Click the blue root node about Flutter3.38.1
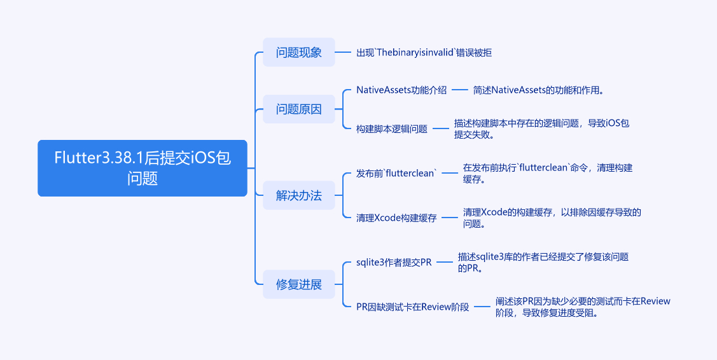point(142,168)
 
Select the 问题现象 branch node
point(298,52)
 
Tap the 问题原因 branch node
point(298,109)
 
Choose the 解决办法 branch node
point(298,196)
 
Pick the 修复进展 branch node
point(298,284)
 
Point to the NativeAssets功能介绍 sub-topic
point(401,90)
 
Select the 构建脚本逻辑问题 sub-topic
point(392,128)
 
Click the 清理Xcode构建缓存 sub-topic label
point(396,218)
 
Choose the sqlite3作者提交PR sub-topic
point(394,262)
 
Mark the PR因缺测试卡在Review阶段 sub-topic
point(413,307)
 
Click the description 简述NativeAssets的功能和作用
point(538,90)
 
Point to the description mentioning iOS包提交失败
point(541,128)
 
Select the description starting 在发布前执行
point(547,174)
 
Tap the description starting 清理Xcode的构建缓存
point(552,218)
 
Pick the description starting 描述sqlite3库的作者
point(543,262)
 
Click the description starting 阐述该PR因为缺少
point(583,307)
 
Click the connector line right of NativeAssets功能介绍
point(460,90)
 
